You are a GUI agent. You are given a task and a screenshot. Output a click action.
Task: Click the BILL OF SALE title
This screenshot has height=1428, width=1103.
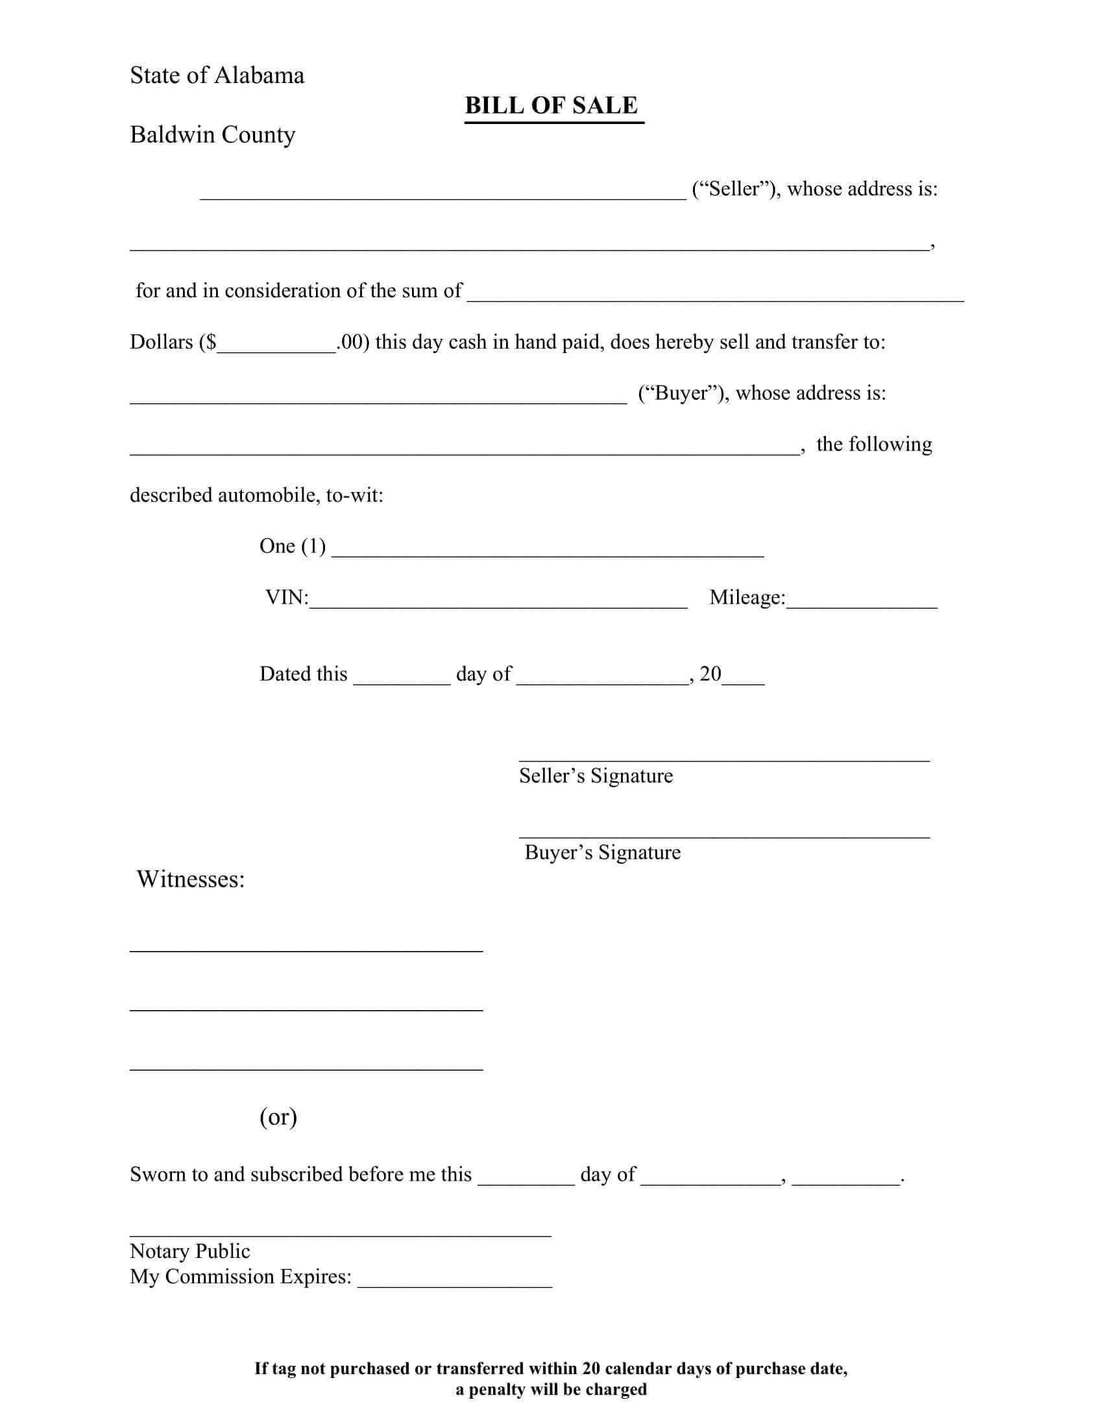[x=551, y=106]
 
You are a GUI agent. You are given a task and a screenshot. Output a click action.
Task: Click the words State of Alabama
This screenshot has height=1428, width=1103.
[x=217, y=76]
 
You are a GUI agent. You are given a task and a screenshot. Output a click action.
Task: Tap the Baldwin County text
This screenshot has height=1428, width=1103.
[x=212, y=135]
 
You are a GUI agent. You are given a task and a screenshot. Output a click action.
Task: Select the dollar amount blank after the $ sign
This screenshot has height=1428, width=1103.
[x=276, y=345]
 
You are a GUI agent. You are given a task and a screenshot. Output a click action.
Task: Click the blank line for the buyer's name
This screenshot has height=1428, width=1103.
[x=378, y=396]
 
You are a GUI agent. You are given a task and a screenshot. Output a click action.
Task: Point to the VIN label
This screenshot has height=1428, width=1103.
[x=286, y=598]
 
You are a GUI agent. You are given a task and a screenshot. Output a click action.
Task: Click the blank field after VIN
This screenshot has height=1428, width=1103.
[x=498, y=601]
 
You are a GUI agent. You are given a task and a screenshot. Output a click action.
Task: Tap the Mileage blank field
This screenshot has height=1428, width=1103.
[x=861, y=601]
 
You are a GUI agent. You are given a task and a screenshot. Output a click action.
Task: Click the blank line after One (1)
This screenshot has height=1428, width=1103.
[x=548, y=549]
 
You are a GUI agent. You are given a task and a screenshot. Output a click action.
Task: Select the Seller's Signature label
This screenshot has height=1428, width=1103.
[x=596, y=776]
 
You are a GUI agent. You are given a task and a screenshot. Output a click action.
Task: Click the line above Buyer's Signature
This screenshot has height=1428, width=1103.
[x=724, y=836]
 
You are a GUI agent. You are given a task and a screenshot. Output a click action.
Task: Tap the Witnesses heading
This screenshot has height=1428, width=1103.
[x=190, y=880]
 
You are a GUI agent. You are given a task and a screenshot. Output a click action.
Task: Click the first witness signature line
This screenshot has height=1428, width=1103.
[x=306, y=950]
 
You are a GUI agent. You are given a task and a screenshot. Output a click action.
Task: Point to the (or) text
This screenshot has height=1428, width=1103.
[x=278, y=1117]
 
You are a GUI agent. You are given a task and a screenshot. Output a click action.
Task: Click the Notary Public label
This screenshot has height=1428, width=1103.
[x=189, y=1251]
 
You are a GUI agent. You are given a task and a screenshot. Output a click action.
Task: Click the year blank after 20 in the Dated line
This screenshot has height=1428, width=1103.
[x=743, y=678]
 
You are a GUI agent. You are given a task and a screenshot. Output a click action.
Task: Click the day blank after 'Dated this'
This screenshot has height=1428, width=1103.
[x=401, y=678]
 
